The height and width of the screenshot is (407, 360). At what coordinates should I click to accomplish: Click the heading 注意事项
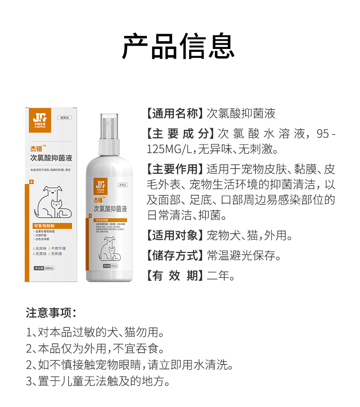pos(51,313)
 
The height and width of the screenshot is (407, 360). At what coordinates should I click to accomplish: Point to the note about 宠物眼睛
pos(130,365)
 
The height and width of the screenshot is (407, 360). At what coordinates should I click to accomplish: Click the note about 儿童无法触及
pos(98,382)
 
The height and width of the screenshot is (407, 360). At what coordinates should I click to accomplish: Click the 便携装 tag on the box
pos(63,118)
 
